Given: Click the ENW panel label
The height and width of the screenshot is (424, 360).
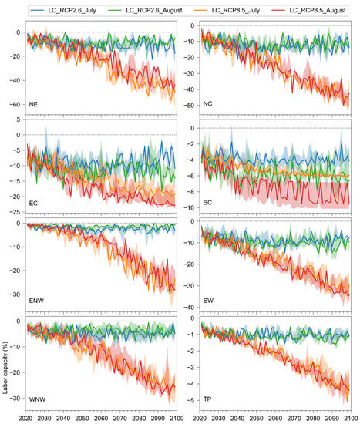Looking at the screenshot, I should click(x=37, y=303).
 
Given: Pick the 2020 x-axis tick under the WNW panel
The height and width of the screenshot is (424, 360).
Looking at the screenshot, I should click(x=29, y=416).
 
